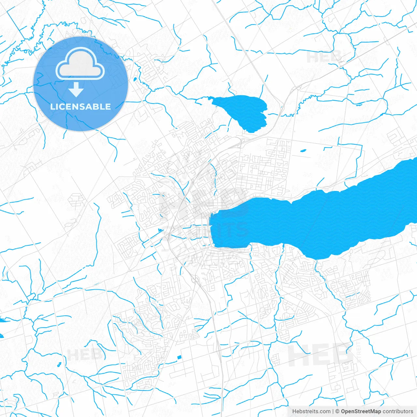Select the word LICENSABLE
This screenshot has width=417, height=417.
pyautogui.click(x=80, y=107)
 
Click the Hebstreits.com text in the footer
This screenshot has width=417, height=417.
pyautogui.click(x=311, y=411)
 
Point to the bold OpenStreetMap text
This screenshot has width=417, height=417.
pyautogui.click(x=361, y=411)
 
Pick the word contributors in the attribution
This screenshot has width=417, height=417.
pyautogui.click(x=398, y=411)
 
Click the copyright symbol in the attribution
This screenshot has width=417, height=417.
pyautogui.click(x=337, y=411)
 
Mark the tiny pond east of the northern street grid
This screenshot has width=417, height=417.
pyautogui.click(x=303, y=151)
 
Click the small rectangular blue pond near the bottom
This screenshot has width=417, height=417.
pyautogui.click(x=179, y=358)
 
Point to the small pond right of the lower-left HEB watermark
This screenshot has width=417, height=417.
pyautogui.click(x=59, y=364)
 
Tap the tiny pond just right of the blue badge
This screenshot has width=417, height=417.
pyautogui.click(x=135, y=79)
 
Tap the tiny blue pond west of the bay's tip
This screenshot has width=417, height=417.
pyautogui.click(x=160, y=231)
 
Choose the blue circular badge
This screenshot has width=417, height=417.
pyautogui.click(x=80, y=84)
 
